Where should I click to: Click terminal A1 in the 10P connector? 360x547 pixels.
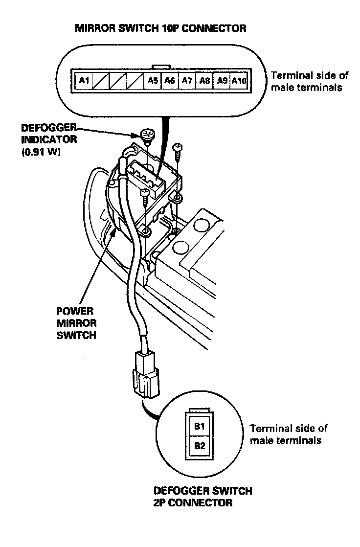84,80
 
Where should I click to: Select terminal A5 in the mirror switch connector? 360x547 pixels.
152,80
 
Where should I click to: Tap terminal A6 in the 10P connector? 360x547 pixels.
169,80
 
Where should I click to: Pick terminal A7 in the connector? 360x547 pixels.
186,80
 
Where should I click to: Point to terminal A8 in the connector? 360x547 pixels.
204,80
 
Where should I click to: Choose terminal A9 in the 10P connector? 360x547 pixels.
222,80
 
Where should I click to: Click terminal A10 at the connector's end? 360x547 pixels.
239,80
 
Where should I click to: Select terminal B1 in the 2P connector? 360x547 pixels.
199,427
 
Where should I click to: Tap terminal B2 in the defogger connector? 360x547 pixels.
199,446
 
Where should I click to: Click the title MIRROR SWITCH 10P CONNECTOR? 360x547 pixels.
160,28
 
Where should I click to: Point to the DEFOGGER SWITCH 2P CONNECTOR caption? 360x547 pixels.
203,497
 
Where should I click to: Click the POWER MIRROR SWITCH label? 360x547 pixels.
77,323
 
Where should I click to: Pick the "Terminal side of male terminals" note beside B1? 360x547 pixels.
288,434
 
